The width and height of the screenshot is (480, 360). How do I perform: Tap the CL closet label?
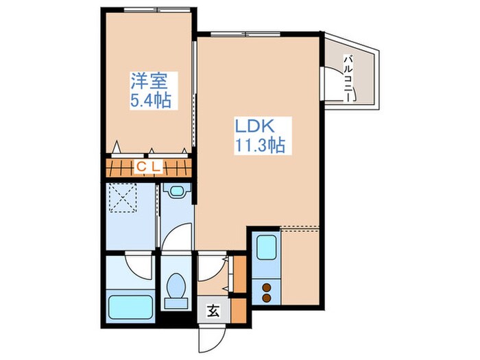coord(147,166)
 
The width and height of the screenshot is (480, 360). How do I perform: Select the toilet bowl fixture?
coord(177,287)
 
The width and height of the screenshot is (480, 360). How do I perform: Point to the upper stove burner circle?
coord(267,287)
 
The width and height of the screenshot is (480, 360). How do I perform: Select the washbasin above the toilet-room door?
coord(176,193)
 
